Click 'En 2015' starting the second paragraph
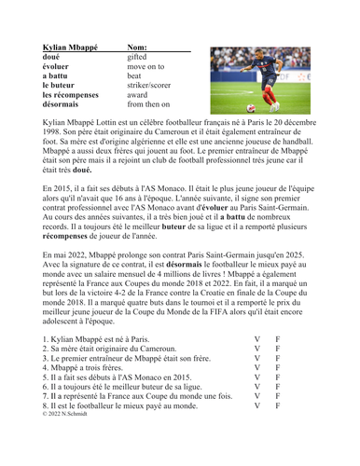click(59, 187)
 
